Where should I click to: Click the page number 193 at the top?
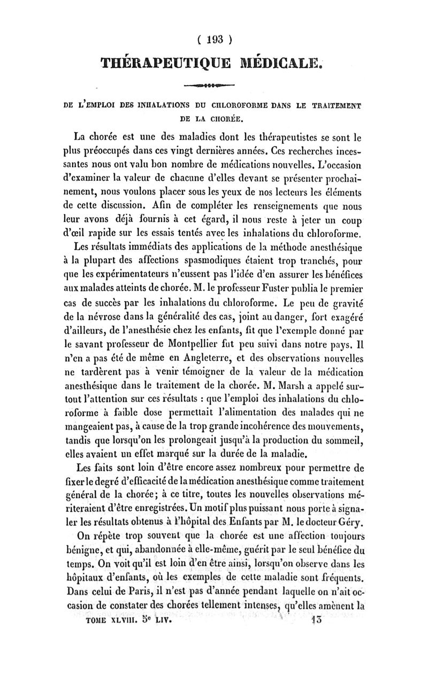(214, 39)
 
